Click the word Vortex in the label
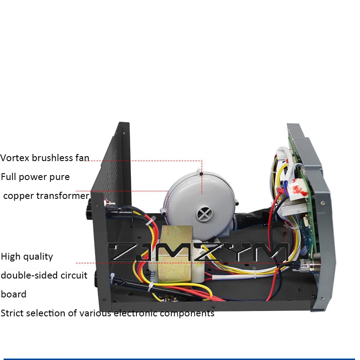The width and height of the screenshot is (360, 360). [x=15, y=158]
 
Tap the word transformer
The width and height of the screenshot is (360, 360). [x=63, y=196]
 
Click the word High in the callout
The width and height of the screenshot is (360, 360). [x=11, y=256]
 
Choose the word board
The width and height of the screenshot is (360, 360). [x=13, y=294]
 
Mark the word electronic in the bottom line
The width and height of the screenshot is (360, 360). [x=135, y=313]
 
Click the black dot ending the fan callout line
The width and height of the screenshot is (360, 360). [x=201, y=174]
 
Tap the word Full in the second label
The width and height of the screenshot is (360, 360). [x=9, y=177]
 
